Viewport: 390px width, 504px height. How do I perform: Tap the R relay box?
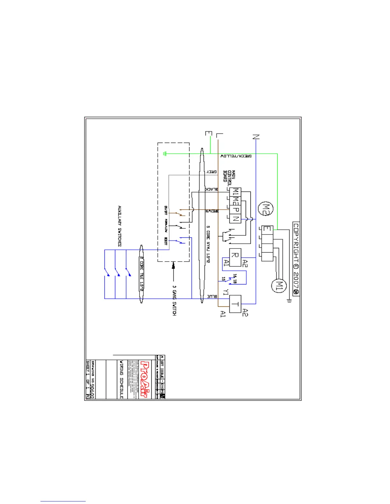point(235,257)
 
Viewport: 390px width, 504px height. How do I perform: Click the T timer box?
point(235,304)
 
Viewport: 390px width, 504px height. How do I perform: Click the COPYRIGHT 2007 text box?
point(296,259)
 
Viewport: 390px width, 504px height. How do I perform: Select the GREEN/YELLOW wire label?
point(236,156)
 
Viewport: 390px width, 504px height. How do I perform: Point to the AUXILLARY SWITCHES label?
point(119,226)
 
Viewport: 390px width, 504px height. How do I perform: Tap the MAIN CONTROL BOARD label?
point(229,176)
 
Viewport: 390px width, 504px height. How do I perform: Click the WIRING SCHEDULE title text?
point(121,379)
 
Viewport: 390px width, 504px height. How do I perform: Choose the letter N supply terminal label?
point(256,137)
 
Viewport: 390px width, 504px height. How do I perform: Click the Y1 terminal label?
point(226,292)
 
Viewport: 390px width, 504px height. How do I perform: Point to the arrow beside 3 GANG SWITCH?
point(173,271)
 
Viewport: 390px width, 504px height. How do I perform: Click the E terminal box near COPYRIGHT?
point(267,230)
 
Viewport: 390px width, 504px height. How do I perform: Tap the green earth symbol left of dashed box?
point(164,154)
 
